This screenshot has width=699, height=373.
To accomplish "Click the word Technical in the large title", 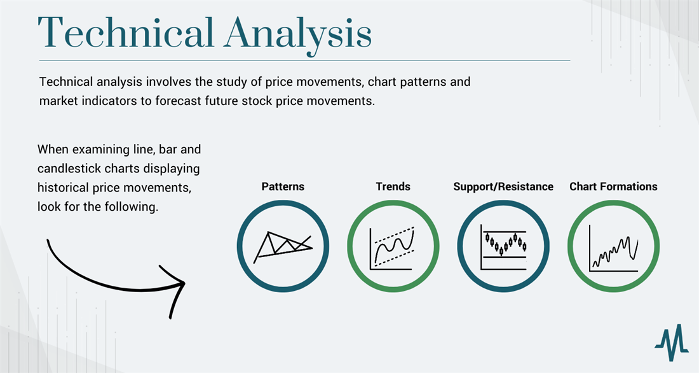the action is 126,32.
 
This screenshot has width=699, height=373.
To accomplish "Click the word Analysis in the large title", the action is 298,36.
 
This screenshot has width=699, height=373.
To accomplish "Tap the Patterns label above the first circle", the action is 283,186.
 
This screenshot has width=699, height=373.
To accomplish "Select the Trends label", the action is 393,186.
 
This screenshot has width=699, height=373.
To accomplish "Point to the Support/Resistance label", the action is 503,186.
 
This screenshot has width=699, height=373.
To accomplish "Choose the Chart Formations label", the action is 613,186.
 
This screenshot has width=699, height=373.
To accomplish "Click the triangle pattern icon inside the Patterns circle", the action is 283,246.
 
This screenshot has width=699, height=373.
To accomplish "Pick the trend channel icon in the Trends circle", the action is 392,248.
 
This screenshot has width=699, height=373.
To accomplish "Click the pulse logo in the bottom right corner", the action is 672,342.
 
